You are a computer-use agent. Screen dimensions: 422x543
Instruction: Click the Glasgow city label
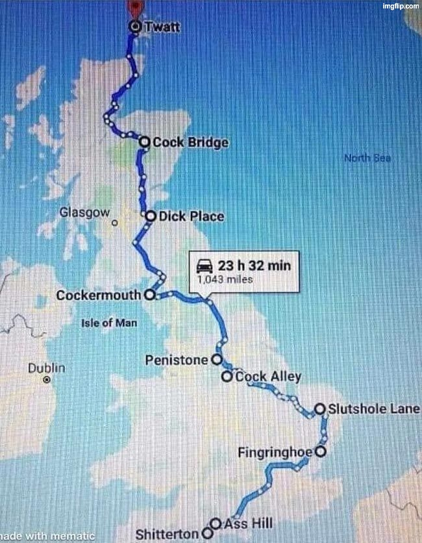click(x=84, y=212)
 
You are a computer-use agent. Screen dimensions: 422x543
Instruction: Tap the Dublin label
click(x=46, y=368)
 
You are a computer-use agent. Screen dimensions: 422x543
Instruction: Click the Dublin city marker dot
click(x=46, y=380)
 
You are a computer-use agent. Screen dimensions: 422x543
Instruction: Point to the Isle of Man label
click(x=110, y=323)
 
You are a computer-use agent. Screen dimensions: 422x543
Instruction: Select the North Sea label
click(x=367, y=158)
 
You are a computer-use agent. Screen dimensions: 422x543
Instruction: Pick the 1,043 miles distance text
click(x=225, y=280)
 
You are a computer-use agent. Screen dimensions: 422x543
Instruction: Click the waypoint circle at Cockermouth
click(x=149, y=295)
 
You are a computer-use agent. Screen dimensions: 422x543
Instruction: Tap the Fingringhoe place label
click(x=276, y=451)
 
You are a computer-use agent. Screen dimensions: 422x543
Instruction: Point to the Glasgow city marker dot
click(x=114, y=223)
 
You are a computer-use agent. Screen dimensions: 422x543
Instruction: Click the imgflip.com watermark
click(x=401, y=6)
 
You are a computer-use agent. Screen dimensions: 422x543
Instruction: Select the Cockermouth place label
click(x=98, y=296)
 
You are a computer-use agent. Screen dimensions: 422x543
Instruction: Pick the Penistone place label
click(x=177, y=360)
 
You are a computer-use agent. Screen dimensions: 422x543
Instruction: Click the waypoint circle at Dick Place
click(x=151, y=216)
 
